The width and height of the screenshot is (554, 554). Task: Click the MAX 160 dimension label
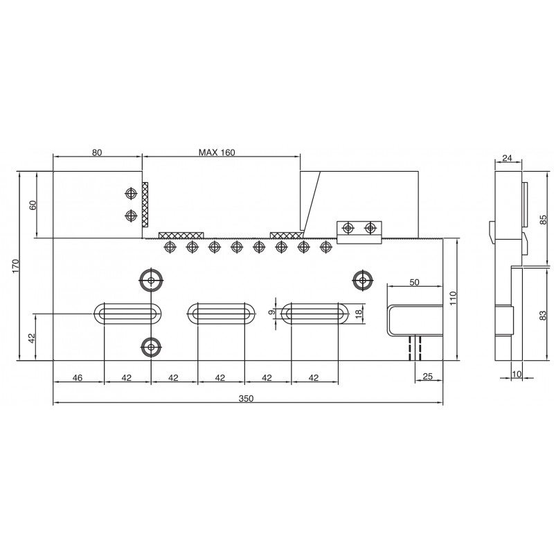pyautogui.click(x=217, y=152)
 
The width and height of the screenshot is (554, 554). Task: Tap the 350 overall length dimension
pyautogui.click(x=246, y=399)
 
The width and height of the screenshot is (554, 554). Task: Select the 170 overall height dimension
pyautogui.click(x=15, y=266)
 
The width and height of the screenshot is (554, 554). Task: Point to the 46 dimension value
pyautogui.click(x=78, y=378)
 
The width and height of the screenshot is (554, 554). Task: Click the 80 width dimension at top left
pyautogui.click(x=97, y=152)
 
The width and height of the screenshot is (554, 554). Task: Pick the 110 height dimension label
pyautogui.click(x=454, y=298)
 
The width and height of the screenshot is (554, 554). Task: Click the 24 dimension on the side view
pyautogui.click(x=507, y=158)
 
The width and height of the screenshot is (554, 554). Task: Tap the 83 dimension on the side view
pyautogui.click(x=544, y=315)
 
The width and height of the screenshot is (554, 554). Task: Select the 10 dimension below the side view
pyautogui.click(x=517, y=374)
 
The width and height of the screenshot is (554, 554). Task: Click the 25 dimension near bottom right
pyautogui.click(x=427, y=377)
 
